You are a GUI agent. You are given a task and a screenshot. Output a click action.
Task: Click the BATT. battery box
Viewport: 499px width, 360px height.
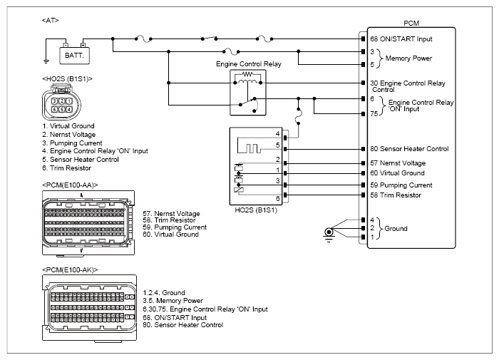click(74, 56)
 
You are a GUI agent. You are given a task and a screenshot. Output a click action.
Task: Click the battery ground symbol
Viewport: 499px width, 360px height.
click(46, 61)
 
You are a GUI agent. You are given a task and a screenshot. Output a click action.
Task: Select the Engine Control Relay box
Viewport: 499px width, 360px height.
click(248, 92)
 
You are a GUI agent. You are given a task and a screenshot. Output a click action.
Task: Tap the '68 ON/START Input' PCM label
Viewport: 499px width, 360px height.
click(401, 39)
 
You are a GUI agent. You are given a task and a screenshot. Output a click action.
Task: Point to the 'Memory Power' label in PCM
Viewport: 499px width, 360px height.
click(408, 58)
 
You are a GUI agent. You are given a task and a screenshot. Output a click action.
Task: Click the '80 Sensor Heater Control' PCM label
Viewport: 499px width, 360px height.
click(409, 149)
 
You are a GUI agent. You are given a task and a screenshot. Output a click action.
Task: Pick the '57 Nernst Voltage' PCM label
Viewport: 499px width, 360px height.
click(398, 163)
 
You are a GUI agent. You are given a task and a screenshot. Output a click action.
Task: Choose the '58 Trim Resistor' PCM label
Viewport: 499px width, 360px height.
click(396, 195)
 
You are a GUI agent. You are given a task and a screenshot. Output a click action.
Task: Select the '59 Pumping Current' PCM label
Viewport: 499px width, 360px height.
click(401, 185)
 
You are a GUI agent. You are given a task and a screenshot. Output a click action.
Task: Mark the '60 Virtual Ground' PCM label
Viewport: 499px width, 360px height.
click(397, 173)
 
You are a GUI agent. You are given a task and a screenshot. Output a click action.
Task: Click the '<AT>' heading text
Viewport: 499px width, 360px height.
click(51, 21)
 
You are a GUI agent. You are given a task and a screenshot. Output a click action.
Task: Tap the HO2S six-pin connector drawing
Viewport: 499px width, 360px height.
click(61, 103)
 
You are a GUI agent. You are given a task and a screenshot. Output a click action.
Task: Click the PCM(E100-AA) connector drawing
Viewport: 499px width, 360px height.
click(88, 223)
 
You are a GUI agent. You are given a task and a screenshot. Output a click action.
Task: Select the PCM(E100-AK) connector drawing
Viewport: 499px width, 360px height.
click(89, 308)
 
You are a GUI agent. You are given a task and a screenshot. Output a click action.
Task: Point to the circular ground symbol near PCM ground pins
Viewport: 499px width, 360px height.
click(329, 232)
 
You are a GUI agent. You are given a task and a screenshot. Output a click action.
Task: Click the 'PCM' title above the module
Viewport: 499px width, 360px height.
click(411, 24)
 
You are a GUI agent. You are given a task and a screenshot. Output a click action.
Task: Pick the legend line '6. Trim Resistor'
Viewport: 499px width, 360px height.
click(66, 168)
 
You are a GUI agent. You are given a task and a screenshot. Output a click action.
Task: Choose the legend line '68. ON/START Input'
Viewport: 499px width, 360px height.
click(175, 318)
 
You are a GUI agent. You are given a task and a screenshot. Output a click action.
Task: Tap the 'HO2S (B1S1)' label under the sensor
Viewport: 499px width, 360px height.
click(256, 210)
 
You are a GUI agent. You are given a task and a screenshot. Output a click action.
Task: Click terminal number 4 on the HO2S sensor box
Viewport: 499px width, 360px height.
click(277, 134)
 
